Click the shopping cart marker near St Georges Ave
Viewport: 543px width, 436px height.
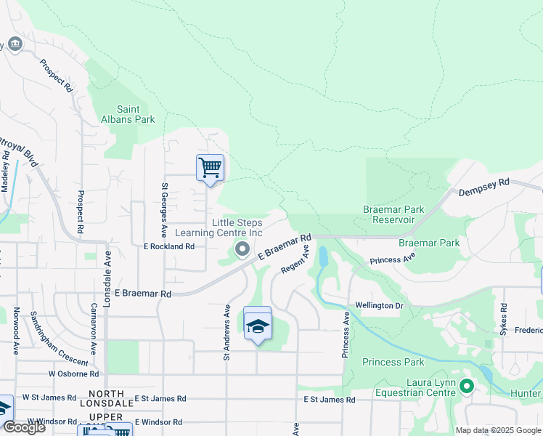tap(210, 168)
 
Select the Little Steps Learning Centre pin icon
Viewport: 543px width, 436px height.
tap(242, 251)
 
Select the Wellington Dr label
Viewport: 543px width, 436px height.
tap(378, 306)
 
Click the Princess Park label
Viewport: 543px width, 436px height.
tap(393, 362)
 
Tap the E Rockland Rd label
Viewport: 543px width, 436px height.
tap(168, 247)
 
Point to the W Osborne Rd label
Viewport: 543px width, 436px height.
tap(73, 374)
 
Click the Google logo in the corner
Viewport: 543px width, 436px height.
tap(24, 427)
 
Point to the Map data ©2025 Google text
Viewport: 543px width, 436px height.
tap(499, 430)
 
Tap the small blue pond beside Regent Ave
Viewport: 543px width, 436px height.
tap(322, 257)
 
